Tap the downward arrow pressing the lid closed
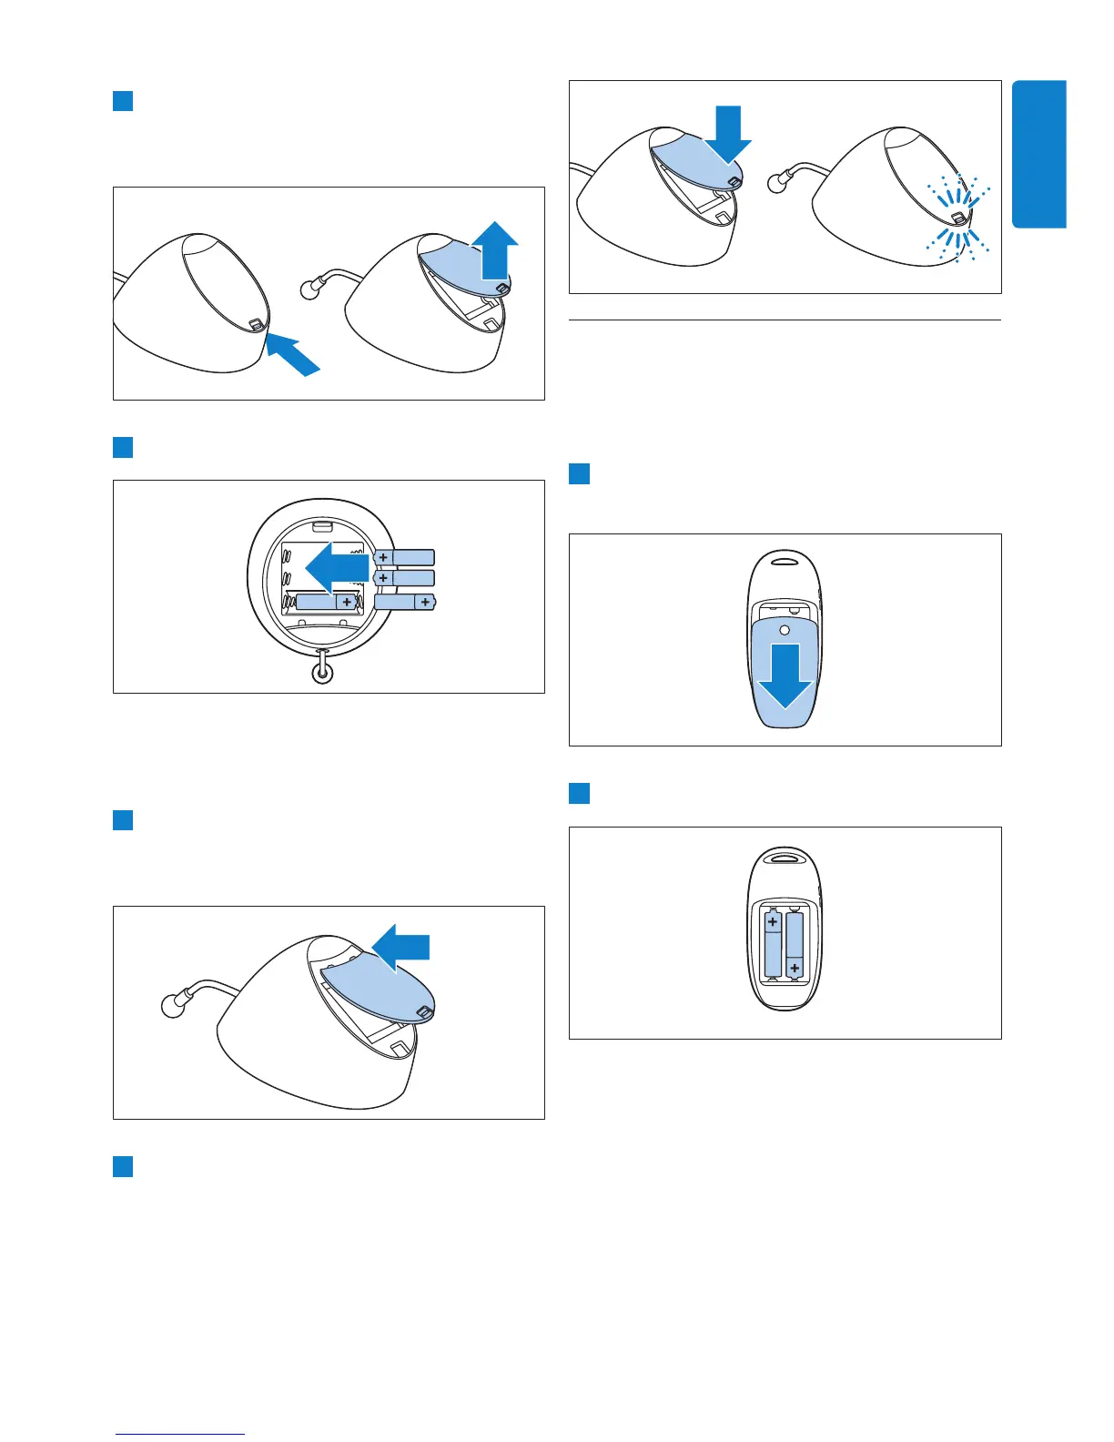point(729,133)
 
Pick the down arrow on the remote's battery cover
point(784,675)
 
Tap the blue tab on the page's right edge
point(1038,154)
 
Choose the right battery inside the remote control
point(795,945)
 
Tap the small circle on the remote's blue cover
point(785,629)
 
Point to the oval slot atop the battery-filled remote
point(785,856)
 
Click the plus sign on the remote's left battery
point(773,922)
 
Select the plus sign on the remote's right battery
point(795,968)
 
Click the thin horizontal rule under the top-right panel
point(785,320)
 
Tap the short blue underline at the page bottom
point(180,1435)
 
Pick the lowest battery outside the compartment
point(405,602)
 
